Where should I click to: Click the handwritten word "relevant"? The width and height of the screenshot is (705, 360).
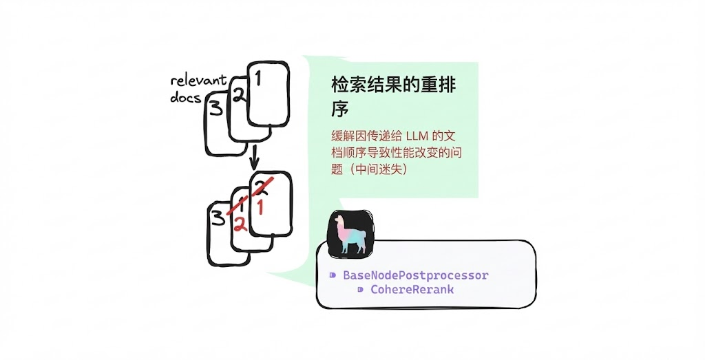(x=198, y=82)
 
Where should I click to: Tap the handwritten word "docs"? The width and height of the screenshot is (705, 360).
(x=185, y=98)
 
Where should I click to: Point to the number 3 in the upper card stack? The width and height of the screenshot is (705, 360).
(x=215, y=109)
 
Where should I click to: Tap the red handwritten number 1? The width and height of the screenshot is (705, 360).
(x=260, y=206)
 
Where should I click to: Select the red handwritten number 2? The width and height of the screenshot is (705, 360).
(x=240, y=224)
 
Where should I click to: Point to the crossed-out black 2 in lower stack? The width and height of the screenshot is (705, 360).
(x=262, y=185)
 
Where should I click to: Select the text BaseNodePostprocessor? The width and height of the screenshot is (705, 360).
(x=415, y=275)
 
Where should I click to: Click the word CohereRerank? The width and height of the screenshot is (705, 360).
(x=412, y=290)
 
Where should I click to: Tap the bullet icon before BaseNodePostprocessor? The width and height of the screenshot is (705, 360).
(x=333, y=275)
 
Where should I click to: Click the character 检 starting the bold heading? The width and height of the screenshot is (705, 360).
(x=341, y=86)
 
